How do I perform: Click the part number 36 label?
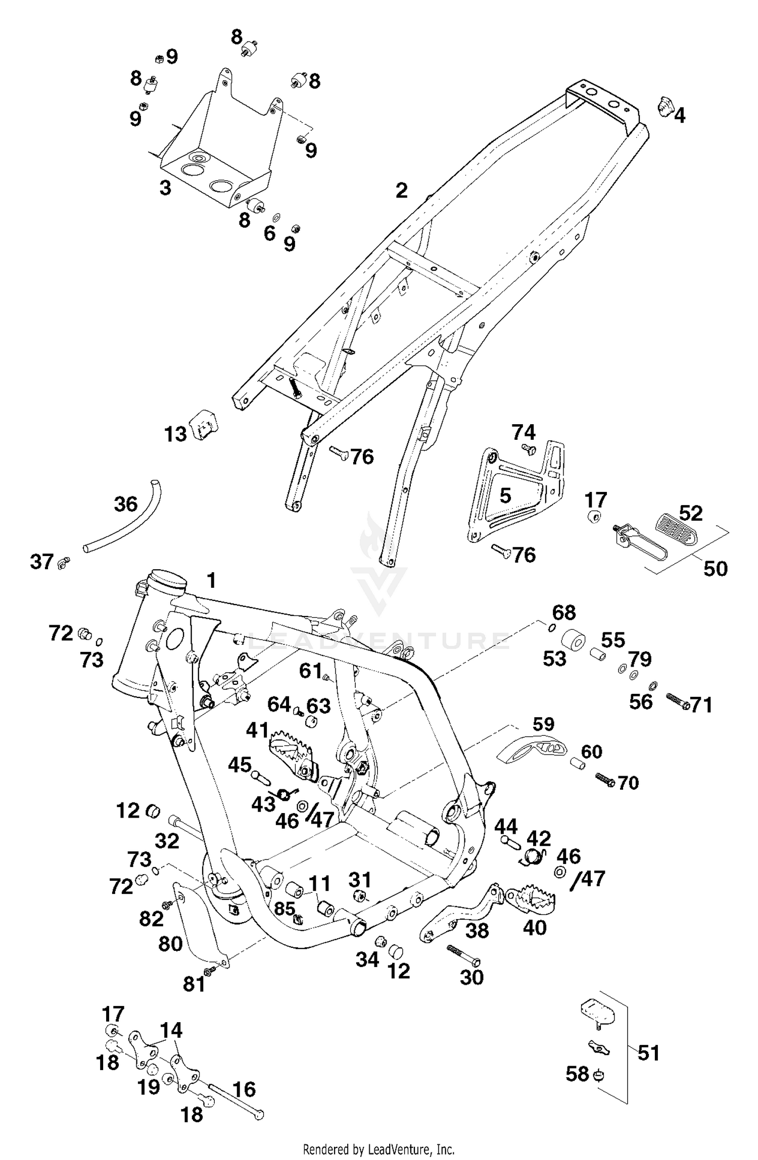126,504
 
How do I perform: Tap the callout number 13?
175,434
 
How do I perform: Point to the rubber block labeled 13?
204,424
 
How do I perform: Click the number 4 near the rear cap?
680,116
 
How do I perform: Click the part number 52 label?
691,513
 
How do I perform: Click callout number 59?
543,724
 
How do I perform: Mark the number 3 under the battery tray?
165,188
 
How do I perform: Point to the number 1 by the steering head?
211,580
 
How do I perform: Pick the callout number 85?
285,909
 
